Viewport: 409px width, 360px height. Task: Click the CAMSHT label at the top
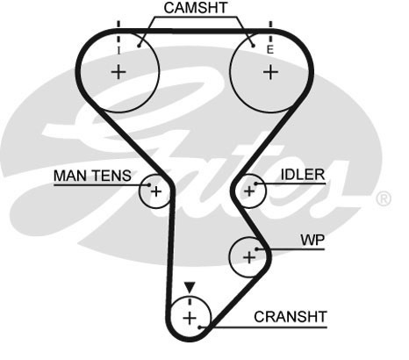[196, 8]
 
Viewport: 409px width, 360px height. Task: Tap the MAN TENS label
[92, 176]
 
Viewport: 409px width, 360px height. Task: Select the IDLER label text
[303, 175]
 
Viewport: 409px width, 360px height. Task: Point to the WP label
[312, 241]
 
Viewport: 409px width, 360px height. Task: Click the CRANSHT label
[290, 317]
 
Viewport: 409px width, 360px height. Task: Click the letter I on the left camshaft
[118, 51]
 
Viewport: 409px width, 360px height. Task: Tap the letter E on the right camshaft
[269, 50]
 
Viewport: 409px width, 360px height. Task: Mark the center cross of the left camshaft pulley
[118, 72]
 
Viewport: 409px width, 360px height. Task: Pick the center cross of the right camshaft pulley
[270, 72]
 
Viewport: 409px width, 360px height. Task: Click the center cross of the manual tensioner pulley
[156, 191]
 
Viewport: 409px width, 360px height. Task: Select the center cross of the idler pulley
[249, 191]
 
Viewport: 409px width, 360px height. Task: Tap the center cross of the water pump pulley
[249, 257]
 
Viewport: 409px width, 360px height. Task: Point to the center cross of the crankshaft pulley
[190, 318]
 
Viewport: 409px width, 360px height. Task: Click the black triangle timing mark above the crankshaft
[190, 287]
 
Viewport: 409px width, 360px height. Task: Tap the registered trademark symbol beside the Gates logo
[384, 198]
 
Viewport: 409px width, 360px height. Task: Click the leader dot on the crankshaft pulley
[199, 327]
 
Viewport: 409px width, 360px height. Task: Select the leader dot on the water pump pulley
[256, 249]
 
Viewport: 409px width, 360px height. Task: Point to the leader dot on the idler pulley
[255, 184]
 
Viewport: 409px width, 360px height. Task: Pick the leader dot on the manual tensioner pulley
[149, 184]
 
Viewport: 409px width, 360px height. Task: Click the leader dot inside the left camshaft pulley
[140, 46]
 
